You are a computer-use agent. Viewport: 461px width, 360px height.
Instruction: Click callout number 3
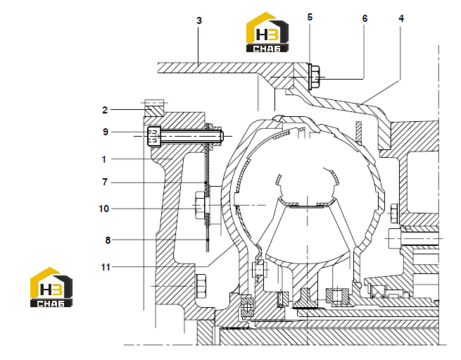(199, 20)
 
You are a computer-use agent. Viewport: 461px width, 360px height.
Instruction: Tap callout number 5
(310, 17)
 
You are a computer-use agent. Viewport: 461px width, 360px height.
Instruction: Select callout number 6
(365, 18)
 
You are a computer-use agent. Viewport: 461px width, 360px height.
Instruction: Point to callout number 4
(401, 18)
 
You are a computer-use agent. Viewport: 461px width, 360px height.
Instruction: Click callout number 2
(105, 110)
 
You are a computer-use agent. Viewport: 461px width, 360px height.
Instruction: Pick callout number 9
(106, 132)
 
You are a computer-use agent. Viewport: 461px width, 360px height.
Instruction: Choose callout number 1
(103, 159)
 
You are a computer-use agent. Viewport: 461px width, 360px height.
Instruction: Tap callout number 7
(105, 182)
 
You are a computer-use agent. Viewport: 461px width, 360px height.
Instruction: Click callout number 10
(103, 209)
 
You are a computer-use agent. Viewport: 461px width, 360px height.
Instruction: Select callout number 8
(108, 240)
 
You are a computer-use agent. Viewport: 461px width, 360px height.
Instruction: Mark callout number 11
(106, 267)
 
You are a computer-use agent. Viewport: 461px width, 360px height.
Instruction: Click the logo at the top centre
(267, 32)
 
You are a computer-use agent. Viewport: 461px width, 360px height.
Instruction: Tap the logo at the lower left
(51, 287)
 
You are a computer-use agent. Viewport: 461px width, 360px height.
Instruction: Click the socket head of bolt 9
(154, 136)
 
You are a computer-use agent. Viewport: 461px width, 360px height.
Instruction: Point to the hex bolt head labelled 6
(315, 77)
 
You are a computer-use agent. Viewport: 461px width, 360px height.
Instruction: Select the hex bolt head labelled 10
(200, 205)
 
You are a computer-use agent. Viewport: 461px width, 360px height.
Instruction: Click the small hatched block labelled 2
(154, 111)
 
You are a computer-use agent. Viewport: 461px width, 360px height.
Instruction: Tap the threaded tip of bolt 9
(220, 136)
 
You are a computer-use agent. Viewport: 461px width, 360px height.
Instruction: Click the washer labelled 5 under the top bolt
(310, 76)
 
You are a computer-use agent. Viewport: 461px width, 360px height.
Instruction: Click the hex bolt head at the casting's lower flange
(201, 286)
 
